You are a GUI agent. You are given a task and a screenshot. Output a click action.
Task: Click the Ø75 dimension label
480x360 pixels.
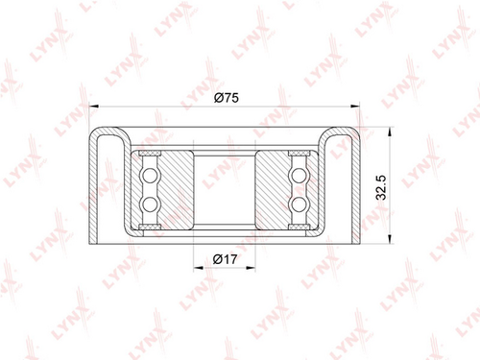[x=227, y=98]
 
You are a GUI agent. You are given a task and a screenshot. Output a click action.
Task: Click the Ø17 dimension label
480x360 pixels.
[x=226, y=259]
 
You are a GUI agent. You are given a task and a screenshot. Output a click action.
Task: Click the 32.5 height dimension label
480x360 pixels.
[x=381, y=187]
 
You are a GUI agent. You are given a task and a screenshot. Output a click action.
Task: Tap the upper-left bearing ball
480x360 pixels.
[x=150, y=176]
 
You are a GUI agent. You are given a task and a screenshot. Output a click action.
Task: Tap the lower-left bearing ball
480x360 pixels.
[x=150, y=204]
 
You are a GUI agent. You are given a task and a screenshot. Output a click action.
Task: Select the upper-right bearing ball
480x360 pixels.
[x=299, y=176]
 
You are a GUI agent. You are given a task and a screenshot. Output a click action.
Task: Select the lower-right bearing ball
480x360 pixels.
[x=299, y=204]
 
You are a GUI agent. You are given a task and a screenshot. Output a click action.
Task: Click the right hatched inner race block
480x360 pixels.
[x=272, y=190]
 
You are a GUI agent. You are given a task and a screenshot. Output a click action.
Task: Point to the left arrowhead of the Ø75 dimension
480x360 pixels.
[x=93, y=106]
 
